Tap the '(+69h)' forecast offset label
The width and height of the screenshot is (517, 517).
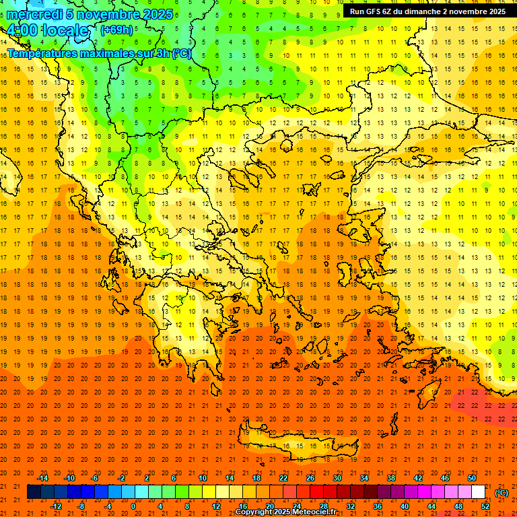116,30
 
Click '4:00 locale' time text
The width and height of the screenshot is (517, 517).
47,30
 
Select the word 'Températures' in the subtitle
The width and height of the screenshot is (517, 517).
42,53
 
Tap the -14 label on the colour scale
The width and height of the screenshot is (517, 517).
43,477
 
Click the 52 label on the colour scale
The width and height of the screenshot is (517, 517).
485,506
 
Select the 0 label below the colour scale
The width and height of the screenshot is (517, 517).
133,506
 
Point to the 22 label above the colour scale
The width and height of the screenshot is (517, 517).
283,477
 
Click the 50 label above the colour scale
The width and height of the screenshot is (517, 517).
472,477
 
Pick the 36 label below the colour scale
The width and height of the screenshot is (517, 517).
377,506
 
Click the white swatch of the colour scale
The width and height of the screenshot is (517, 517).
478,492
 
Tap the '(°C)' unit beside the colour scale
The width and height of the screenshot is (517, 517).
502,493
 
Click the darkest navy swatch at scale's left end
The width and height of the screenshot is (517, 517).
34,492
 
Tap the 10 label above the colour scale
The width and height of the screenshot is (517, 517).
203,477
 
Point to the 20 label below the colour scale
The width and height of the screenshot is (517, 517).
269,506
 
